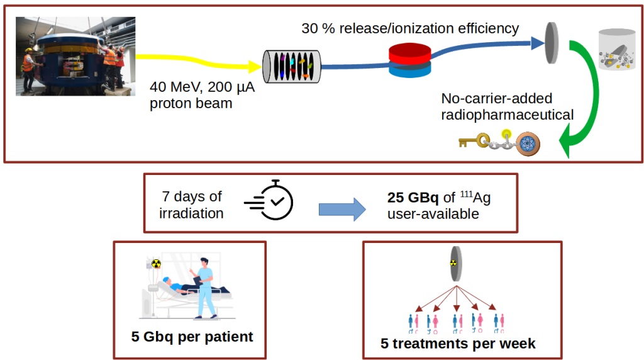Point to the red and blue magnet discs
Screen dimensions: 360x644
click(x=409, y=60)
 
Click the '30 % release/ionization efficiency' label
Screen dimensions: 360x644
click(x=410, y=28)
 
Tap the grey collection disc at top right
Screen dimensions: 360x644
click(x=552, y=43)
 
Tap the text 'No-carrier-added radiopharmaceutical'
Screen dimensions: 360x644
click(x=507, y=107)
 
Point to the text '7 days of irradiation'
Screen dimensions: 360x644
click(x=191, y=205)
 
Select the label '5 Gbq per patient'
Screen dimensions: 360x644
click(x=192, y=337)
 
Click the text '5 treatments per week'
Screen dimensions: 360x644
click(x=458, y=344)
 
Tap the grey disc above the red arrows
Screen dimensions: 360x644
click(x=454, y=264)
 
